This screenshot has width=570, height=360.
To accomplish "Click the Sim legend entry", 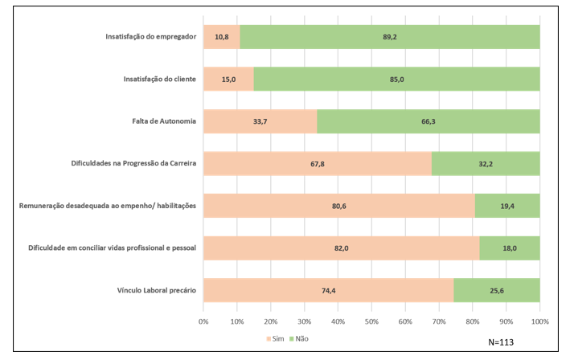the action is [x=275, y=338].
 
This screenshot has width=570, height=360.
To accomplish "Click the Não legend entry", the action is [x=299, y=338].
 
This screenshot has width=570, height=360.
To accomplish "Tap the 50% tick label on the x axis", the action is [x=371, y=321].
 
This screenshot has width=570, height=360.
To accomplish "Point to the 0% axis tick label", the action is [x=203, y=321].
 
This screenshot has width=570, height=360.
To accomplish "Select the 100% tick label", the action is [x=539, y=321].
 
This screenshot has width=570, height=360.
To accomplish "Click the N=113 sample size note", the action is [x=501, y=342].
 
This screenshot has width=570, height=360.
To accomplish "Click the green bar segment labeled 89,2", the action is [x=390, y=37].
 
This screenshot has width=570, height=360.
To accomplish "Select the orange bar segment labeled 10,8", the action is [x=222, y=37].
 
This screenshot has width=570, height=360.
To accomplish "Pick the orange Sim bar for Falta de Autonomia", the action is [x=260, y=121].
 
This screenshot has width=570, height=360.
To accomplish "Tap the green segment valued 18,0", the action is [x=510, y=248].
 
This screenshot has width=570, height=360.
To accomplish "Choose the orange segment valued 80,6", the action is [x=339, y=206].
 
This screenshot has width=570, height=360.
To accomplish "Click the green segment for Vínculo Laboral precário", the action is [x=497, y=290].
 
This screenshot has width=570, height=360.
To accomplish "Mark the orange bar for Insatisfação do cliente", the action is [x=228, y=79].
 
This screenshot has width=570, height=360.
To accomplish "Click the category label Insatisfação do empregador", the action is [x=151, y=37].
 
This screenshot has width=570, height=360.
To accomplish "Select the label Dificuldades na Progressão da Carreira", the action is [x=133, y=163].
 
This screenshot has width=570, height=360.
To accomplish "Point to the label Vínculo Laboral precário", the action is [x=156, y=290].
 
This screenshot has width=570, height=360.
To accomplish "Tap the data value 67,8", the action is [x=318, y=164].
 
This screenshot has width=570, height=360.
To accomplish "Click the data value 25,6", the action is [x=497, y=291].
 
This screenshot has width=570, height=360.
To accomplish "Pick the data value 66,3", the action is [x=429, y=121].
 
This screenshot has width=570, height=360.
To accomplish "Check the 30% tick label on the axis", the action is [x=304, y=321].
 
